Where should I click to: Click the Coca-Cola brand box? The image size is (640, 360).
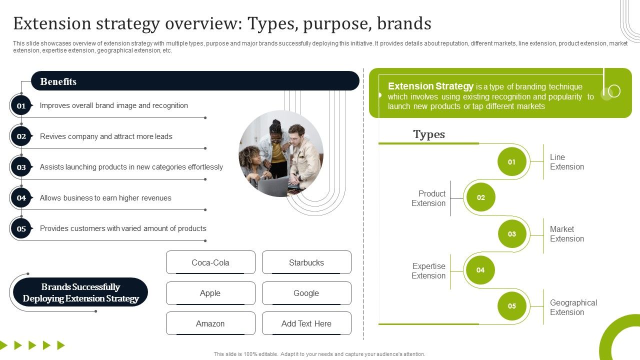click(x=210, y=262)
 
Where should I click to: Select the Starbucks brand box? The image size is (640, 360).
click(x=306, y=262)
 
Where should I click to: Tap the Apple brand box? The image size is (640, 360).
click(x=210, y=293)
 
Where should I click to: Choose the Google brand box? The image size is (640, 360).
click(x=306, y=293)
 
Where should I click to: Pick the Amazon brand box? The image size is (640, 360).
click(x=210, y=323)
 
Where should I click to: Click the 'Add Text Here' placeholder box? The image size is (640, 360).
click(x=306, y=323)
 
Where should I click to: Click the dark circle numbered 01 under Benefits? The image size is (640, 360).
click(x=21, y=105)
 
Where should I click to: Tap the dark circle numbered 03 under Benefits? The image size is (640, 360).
click(x=21, y=167)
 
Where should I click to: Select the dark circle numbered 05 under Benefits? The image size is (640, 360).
click(x=21, y=228)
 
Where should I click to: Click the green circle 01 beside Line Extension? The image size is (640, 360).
click(x=511, y=161)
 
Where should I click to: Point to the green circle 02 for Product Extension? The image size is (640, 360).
click(x=480, y=197)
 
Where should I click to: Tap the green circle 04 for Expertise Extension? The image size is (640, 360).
click(x=480, y=270)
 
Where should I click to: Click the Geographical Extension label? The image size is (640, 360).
click(x=573, y=307)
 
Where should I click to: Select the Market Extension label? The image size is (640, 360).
click(x=566, y=234)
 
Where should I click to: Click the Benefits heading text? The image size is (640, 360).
click(x=58, y=81)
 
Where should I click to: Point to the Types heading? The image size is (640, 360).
click(x=429, y=134)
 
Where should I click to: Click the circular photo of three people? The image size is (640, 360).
click(x=281, y=153)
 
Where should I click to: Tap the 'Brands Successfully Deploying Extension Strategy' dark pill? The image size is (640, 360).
click(x=80, y=292)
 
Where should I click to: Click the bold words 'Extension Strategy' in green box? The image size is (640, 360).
click(x=430, y=86)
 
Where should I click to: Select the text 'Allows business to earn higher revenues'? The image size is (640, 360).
click(x=105, y=198)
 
